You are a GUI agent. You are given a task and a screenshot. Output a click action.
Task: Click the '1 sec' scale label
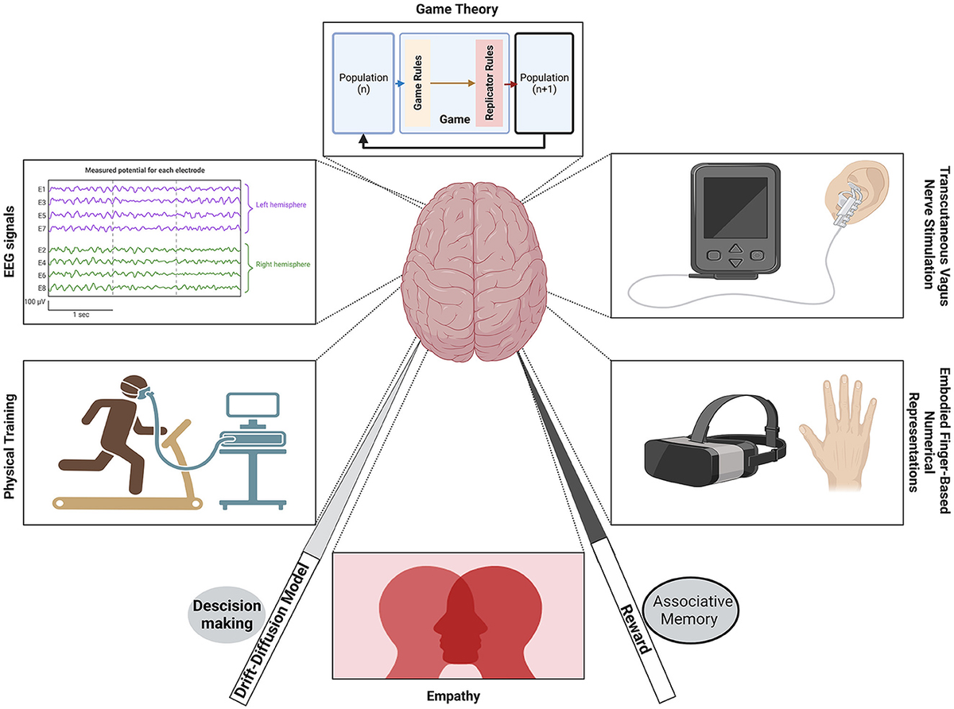80,316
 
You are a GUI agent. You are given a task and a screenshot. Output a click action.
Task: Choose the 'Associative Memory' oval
686,607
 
